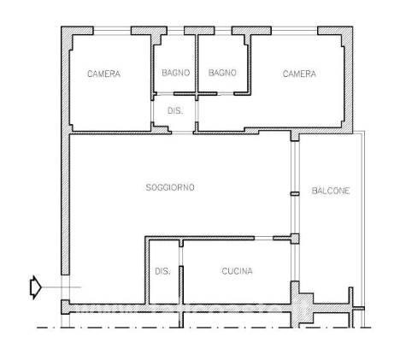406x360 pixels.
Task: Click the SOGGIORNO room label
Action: tap(170, 187)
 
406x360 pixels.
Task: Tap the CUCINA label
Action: tap(237, 271)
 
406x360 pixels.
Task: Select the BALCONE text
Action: tap(331, 191)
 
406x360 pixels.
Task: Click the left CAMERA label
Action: tap(103, 74)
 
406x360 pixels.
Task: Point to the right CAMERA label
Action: tap(299, 74)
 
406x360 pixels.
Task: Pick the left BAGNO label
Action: tap(176, 73)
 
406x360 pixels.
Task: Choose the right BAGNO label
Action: tap(222, 73)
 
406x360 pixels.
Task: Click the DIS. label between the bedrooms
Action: tap(175, 110)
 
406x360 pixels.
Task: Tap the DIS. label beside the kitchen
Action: tap(162, 271)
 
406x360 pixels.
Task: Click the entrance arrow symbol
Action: tap(36, 287)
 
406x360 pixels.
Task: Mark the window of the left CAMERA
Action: tap(112, 31)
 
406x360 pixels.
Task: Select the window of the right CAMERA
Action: tap(294, 31)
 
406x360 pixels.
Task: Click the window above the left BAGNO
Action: tap(175, 31)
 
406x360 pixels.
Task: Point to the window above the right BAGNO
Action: tap(223, 31)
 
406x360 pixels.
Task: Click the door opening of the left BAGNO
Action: tap(165, 94)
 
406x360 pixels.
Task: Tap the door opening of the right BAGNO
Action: tap(226, 94)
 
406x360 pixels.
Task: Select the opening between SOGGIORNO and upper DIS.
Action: tap(182, 133)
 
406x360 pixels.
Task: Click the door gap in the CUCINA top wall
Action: tap(263, 238)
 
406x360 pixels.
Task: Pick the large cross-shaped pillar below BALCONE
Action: tap(302, 305)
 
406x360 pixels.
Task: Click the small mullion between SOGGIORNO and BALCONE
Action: tap(295, 194)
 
